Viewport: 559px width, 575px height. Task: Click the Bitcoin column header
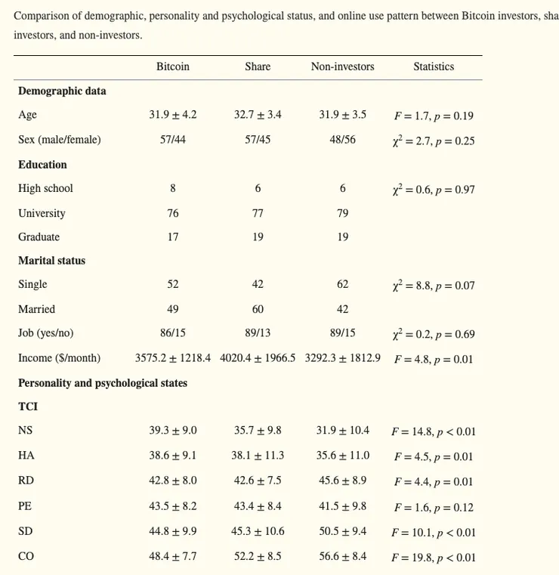pos(172,66)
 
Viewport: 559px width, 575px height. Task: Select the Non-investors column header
pos(342,66)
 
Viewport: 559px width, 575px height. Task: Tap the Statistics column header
pos(434,66)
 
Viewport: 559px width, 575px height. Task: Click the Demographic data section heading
pos(62,91)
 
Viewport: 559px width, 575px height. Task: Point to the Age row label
pos(27,115)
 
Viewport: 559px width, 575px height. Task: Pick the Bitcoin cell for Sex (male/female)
pos(172,140)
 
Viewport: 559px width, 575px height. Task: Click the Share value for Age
pos(258,115)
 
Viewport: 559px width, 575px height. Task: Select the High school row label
pos(45,188)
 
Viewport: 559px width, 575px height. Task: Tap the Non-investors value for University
pos(342,213)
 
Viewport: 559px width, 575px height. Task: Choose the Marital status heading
pos(51,261)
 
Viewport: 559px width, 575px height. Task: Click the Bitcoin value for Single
pos(172,284)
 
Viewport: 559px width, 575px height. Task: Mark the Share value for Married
pos(258,309)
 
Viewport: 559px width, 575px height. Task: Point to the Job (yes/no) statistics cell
pos(434,334)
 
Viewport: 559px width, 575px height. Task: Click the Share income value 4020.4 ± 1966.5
pos(258,358)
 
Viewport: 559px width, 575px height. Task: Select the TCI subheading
pos(28,407)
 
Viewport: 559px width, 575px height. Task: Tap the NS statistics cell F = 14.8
pos(434,431)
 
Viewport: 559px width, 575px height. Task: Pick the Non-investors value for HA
pos(342,456)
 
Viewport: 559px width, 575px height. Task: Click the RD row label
pos(26,480)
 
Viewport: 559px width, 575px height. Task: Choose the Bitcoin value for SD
pos(172,531)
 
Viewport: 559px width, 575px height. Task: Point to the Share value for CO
pos(258,556)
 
